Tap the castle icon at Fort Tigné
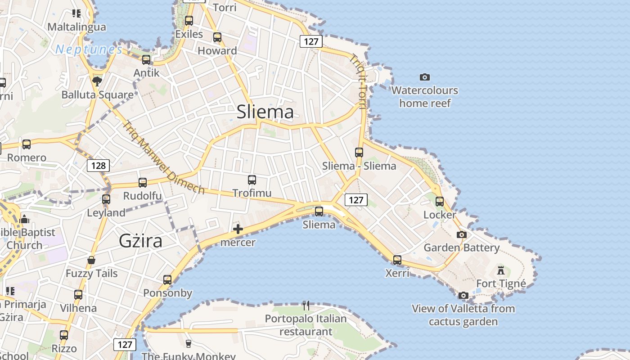coord(501,270)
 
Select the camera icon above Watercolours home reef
coord(424,77)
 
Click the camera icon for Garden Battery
coord(461,234)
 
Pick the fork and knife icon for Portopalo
coord(306,306)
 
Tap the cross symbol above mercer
coord(238,229)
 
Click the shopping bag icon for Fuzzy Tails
coord(91,260)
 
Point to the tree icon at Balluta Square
coord(97,81)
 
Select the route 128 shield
coord(98,165)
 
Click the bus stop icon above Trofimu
coord(252,180)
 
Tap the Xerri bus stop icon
coord(397,260)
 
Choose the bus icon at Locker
coord(440,201)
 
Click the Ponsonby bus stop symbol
coord(167,279)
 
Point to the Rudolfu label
coord(143,196)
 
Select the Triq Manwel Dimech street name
coord(164,157)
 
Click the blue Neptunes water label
coord(89,49)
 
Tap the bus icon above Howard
coord(217,37)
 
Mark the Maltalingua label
coord(77,27)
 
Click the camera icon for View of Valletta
coord(463,295)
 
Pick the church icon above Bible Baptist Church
coord(24,219)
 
